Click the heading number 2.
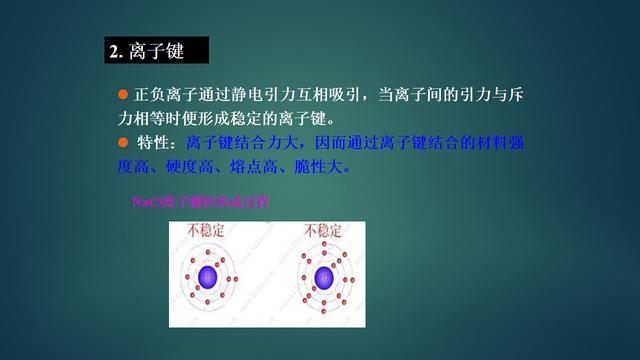pos(114,49)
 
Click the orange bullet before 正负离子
pos(124,94)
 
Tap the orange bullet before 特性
pos(124,143)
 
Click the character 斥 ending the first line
pos(516,95)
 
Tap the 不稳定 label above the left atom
pos(208,232)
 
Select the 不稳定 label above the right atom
pos(324,232)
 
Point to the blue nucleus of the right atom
pos(323,277)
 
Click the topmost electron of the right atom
pos(323,243)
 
